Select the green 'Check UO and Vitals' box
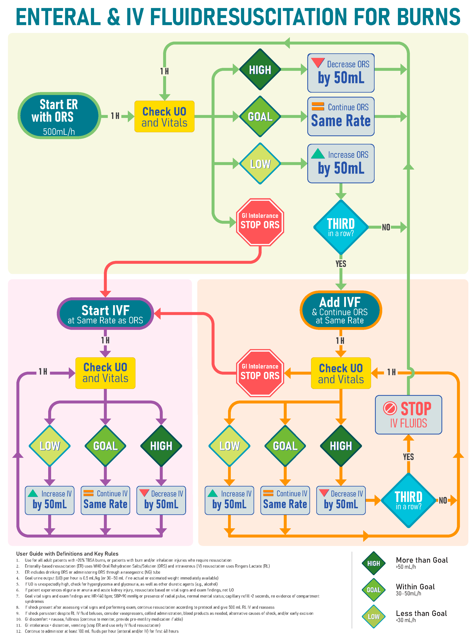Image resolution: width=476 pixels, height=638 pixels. pyautogui.click(x=164, y=116)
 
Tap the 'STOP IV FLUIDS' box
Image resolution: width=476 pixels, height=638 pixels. pyautogui.click(x=408, y=415)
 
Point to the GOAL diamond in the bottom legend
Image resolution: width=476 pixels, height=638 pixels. pyautogui.click(x=373, y=590)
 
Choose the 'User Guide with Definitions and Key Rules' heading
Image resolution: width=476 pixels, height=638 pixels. pyautogui.click(x=67, y=554)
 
